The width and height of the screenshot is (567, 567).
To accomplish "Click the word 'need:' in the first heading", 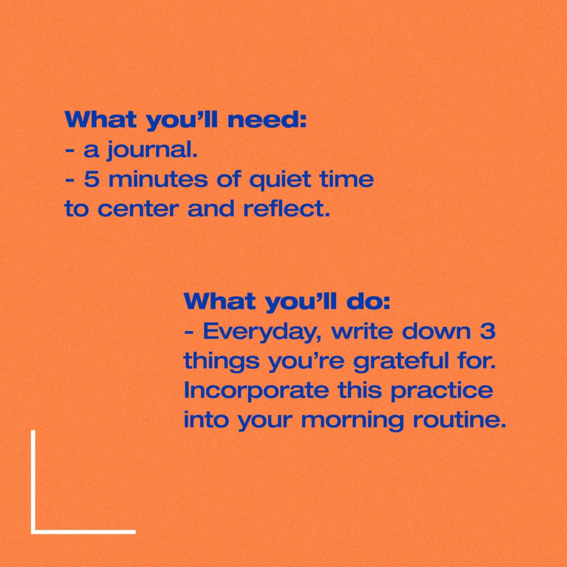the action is pyautogui.click(x=267, y=120).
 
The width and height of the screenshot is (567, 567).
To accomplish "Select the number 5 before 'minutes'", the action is pyautogui.click(x=91, y=179).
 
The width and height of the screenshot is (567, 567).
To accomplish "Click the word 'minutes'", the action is pyautogui.click(x=158, y=179).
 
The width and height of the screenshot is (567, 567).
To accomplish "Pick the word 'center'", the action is pyautogui.click(x=138, y=209).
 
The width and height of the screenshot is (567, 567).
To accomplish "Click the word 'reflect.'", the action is pyautogui.click(x=287, y=208).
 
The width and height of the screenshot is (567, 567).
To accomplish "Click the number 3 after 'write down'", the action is pyautogui.click(x=487, y=331).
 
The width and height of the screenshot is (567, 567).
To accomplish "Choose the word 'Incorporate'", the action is pyautogui.click(x=256, y=390).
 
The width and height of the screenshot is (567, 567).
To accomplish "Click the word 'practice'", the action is pyautogui.click(x=441, y=391).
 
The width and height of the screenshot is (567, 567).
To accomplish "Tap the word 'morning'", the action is pyautogui.click(x=352, y=421).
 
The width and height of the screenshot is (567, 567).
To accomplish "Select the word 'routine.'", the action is pyautogui.click(x=459, y=419).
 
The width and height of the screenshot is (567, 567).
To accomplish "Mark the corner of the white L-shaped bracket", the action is pyautogui.click(x=33, y=532).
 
